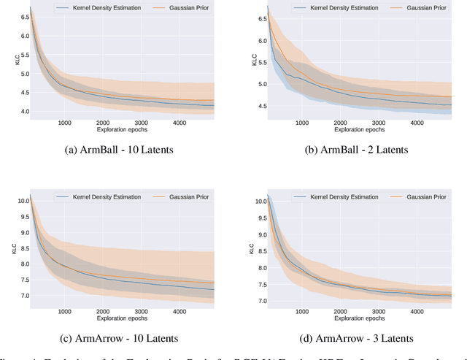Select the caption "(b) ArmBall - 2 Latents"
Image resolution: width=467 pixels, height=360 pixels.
pyautogui.click(x=355, y=150)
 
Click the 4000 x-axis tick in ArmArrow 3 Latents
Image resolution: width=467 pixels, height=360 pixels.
pyautogui.click(x=417, y=310)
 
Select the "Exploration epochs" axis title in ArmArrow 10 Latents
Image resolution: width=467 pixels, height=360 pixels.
pyautogui.click(x=123, y=318)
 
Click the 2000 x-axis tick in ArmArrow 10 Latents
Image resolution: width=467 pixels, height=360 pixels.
pyautogui.click(x=103, y=310)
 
